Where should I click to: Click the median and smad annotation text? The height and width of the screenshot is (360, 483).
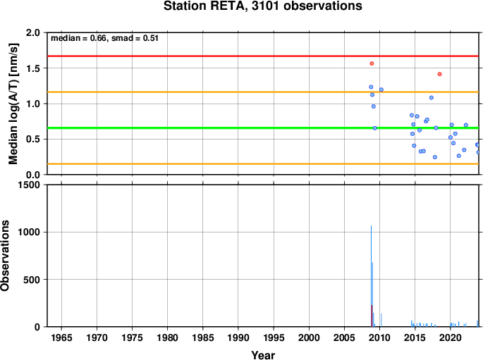click(x=105, y=38)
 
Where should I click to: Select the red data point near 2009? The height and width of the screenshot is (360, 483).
click(x=372, y=63)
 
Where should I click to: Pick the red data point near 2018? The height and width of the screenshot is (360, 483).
click(x=439, y=74)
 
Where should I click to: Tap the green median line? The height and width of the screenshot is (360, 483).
click(x=263, y=128)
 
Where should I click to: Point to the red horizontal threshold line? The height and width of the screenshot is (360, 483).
click(x=263, y=56)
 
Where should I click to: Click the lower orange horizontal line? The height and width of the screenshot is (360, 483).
click(x=263, y=163)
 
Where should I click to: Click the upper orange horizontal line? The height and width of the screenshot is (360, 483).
click(x=263, y=92)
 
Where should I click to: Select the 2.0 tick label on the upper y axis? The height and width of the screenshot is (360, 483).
click(x=33, y=32)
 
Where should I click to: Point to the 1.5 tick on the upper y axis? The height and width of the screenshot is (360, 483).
click(x=33, y=68)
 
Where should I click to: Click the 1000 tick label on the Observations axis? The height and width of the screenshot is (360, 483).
click(x=29, y=232)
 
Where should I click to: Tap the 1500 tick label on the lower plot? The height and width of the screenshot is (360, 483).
click(x=29, y=185)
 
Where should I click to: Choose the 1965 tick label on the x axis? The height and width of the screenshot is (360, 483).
click(x=61, y=338)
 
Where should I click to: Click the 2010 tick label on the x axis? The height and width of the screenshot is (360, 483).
click(x=380, y=338)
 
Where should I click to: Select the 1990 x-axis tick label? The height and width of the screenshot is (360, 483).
click(x=238, y=338)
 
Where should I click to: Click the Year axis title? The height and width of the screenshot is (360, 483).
click(x=263, y=355)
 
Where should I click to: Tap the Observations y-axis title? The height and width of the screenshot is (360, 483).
click(x=5, y=256)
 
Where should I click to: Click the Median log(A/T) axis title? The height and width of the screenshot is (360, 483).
click(x=13, y=104)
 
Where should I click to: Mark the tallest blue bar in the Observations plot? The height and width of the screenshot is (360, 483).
click(x=371, y=276)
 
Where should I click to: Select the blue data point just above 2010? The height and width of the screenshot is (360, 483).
click(x=381, y=89)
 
